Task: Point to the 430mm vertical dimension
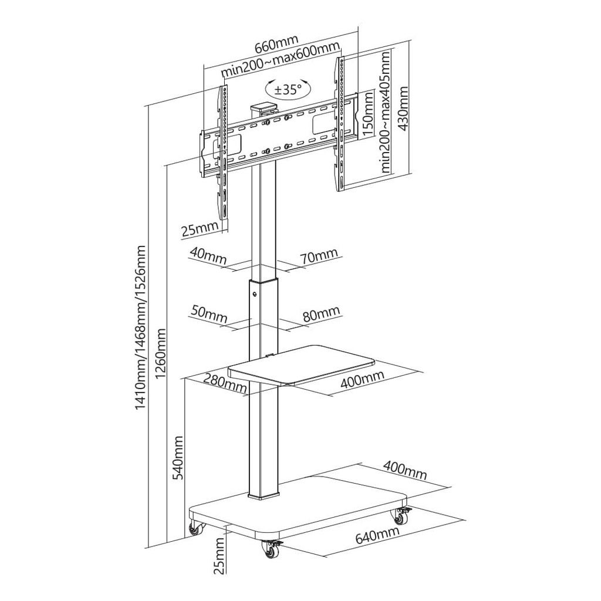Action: [x=403, y=109]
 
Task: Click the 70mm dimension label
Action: [x=319, y=255]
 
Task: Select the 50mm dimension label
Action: [x=209, y=315]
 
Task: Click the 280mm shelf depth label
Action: [x=225, y=383]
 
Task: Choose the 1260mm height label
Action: [x=161, y=353]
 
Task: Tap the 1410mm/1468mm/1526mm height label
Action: [x=141, y=328]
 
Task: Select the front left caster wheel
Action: [x=271, y=549]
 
